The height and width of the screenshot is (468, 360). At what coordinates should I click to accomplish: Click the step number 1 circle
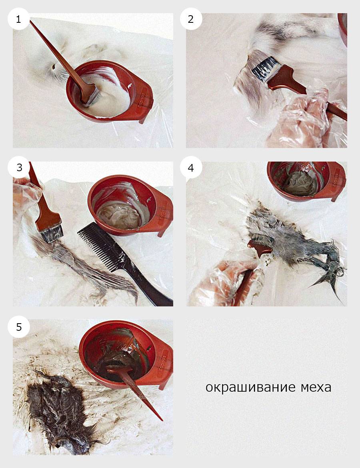coord(18,19)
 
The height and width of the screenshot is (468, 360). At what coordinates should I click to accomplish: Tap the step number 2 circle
coord(191,19)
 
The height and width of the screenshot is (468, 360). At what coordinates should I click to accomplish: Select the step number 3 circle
coord(19,167)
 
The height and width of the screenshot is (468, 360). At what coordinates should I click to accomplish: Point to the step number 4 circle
coord(191,167)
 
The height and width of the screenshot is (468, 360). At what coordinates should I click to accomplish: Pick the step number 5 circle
coord(19,327)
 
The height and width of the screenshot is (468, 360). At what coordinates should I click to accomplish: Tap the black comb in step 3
coord(120,260)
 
